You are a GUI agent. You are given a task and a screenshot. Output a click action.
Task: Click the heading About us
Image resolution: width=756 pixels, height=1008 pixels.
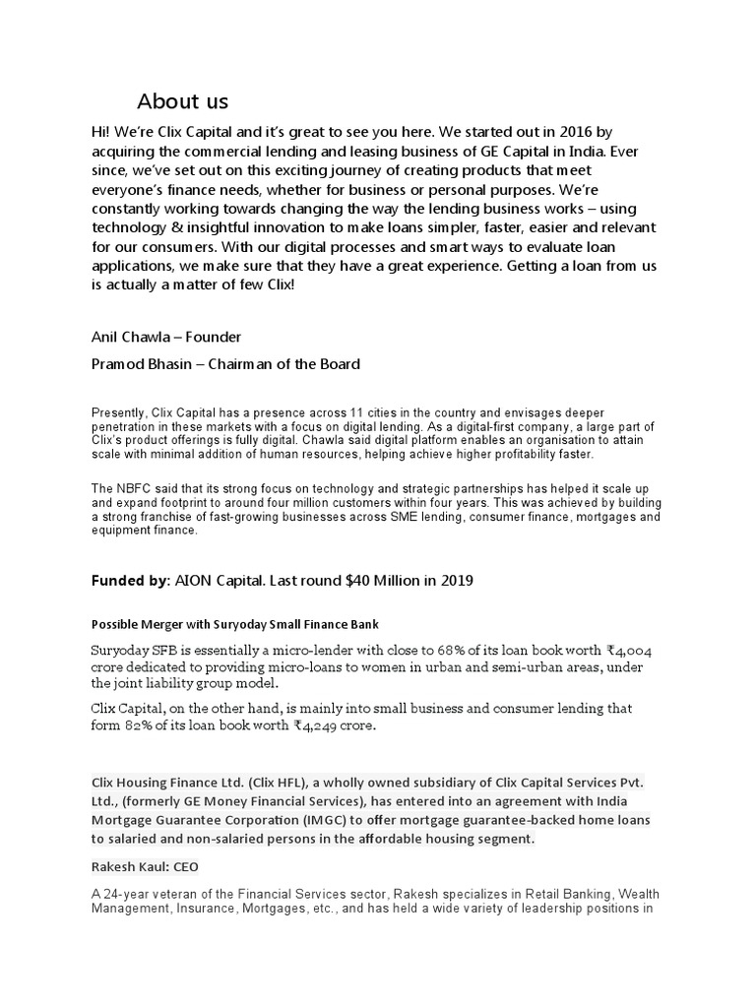[x=182, y=101]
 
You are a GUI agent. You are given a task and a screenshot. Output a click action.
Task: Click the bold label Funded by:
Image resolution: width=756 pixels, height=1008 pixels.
[x=131, y=581]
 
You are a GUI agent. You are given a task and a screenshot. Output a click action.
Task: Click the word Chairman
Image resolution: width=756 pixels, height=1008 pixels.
[x=272, y=364]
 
